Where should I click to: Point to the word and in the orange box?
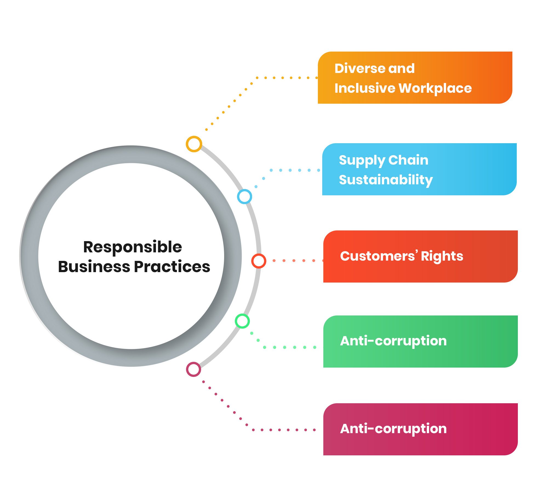(x=401, y=68)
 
